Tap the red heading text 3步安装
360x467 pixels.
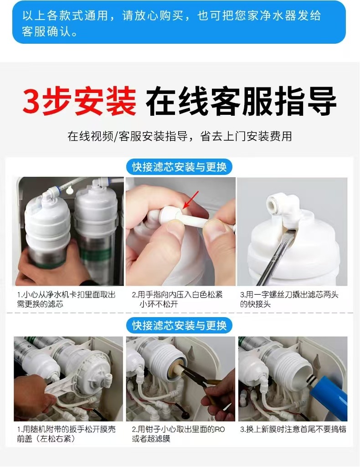(79, 101)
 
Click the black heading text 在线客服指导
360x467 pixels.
(241, 101)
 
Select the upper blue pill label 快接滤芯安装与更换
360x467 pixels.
(179, 167)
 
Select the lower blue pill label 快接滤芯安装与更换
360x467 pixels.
(179, 325)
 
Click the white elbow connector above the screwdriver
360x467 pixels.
(283, 209)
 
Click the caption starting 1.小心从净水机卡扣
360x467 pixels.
(66, 299)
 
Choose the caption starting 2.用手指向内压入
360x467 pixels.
(177, 299)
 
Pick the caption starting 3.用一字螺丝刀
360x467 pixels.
(289, 299)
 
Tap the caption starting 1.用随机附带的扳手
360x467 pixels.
(66, 434)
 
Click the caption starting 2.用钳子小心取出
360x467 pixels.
(178, 434)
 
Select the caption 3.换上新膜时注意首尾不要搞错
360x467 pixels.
(293, 430)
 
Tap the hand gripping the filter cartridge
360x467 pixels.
(49, 265)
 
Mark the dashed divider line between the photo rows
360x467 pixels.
(179, 313)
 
